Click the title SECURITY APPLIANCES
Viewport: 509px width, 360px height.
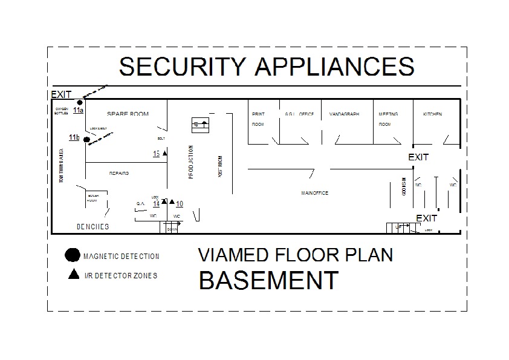267,66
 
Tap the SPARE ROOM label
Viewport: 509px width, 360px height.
128,114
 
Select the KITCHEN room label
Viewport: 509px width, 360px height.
432,114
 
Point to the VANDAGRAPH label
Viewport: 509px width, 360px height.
344,114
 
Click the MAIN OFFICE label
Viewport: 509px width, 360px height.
314,193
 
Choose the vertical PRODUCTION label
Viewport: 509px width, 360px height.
191,162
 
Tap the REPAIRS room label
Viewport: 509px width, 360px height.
119,174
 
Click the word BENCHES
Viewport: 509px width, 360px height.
92,227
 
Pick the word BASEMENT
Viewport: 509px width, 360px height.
268,280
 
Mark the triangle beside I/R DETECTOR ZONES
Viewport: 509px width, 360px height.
74,274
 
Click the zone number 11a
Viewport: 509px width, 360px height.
78,110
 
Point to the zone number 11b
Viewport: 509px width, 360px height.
74,138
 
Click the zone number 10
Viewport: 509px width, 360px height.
180,204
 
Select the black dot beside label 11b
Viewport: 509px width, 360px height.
86,140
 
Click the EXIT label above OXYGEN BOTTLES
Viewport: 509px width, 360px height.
61,94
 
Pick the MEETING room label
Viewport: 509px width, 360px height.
388,114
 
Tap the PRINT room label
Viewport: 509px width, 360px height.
258,114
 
